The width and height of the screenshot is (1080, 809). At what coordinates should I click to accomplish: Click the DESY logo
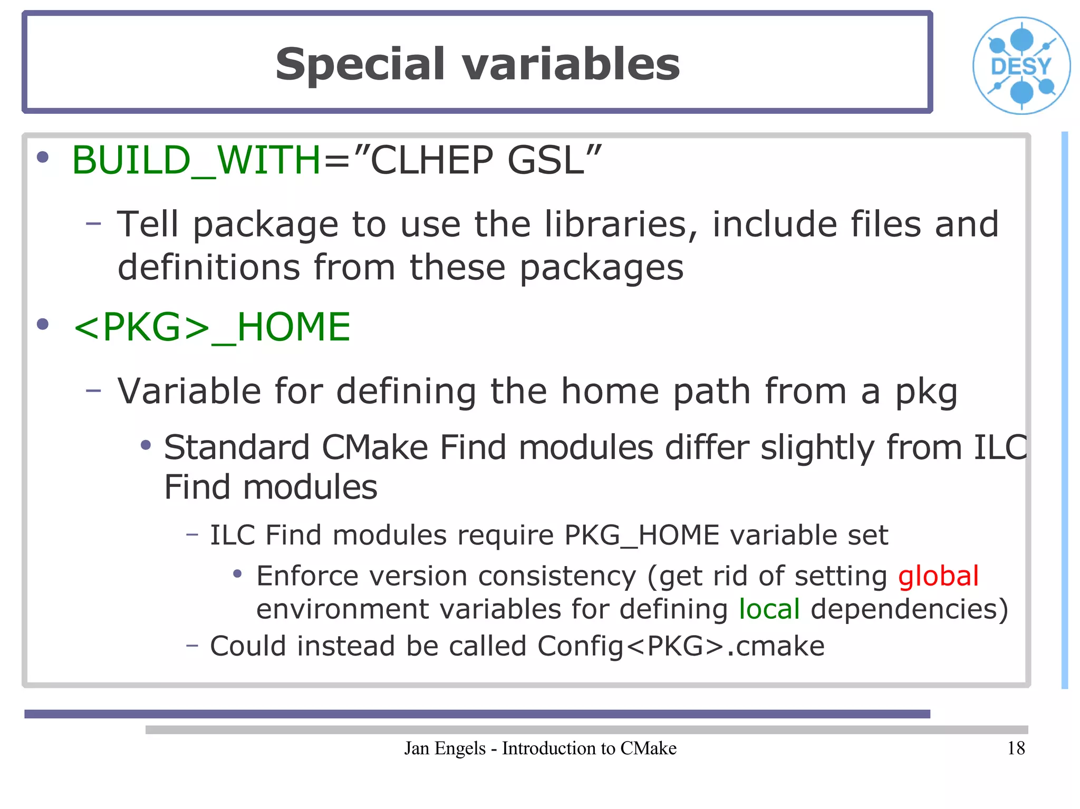click(x=1021, y=66)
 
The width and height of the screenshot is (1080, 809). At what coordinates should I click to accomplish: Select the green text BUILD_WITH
click(x=196, y=160)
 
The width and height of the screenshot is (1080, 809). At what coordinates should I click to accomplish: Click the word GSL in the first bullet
click(x=546, y=160)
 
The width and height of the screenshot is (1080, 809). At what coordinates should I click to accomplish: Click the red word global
click(x=938, y=576)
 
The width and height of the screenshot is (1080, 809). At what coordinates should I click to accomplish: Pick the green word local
click(x=769, y=609)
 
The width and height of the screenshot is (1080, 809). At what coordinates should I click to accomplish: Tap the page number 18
click(x=1016, y=748)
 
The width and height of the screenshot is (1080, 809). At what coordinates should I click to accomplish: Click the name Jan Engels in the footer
click(x=445, y=748)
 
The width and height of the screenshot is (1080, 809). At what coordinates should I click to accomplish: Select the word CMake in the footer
click(x=648, y=748)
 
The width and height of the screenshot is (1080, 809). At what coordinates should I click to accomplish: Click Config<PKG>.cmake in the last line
click(x=680, y=646)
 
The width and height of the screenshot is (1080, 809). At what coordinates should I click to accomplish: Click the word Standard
click(x=237, y=447)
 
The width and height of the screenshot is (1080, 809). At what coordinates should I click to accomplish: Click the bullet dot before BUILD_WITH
click(x=43, y=157)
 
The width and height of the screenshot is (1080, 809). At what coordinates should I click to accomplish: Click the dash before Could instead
click(x=192, y=645)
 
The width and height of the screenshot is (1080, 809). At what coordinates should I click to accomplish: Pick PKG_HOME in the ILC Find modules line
click(x=641, y=535)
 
